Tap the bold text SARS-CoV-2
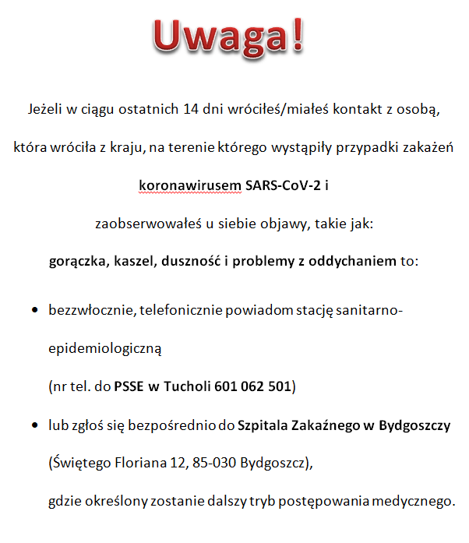pyautogui.click(x=281, y=185)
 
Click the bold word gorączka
pyautogui.click(x=79, y=261)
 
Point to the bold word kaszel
pyautogui.click(x=133, y=261)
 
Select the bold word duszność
pyautogui.click(x=191, y=261)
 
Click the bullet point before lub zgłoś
pyautogui.click(x=36, y=427)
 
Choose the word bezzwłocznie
pyautogui.click(x=92, y=311)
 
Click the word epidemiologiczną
pyautogui.click(x=104, y=349)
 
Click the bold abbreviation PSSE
pyautogui.click(x=132, y=386)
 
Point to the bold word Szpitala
pyautogui.click(x=263, y=426)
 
